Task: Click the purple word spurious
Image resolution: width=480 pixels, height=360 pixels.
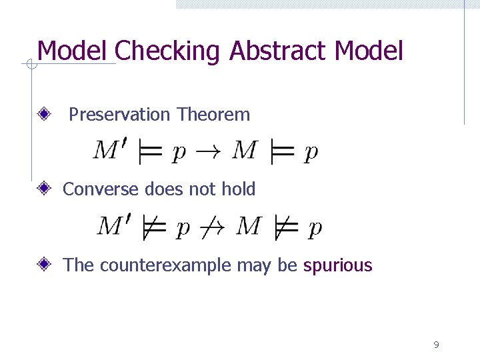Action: (337, 265)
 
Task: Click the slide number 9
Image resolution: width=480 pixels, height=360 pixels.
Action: (436, 345)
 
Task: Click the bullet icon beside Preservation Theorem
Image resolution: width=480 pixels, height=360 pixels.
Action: (45, 115)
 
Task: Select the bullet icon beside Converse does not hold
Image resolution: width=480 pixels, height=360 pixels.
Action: (45, 189)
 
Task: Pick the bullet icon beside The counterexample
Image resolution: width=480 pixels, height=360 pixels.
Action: (45, 265)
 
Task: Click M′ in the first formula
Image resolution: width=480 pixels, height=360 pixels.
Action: (112, 151)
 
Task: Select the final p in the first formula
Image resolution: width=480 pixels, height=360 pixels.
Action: (311, 153)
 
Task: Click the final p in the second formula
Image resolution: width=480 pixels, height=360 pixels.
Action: (315, 229)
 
